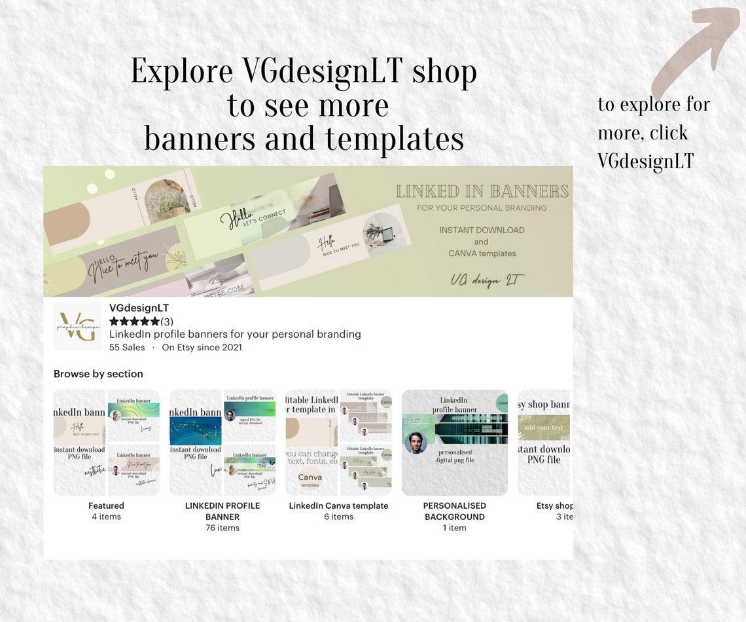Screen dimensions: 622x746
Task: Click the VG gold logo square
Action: (x=77, y=325)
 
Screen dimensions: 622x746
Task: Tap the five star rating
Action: (x=134, y=321)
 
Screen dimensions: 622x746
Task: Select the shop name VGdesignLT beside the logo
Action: (x=139, y=308)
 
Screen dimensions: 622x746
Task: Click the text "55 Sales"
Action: (x=127, y=348)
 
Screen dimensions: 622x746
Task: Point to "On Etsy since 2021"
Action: (x=202, y=348)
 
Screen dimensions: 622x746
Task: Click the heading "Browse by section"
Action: (x=98, y=374)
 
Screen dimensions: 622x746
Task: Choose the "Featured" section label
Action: (x=106, y=505)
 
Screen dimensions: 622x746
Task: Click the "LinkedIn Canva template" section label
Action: (x=338, y=505)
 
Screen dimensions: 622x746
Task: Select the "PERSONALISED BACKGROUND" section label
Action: (x=454, y=511)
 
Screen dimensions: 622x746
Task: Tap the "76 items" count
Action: (x=222, y=528)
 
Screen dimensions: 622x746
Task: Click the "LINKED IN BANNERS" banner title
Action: (x=482, y=191)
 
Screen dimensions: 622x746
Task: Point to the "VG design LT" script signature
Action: (x=487, y=280)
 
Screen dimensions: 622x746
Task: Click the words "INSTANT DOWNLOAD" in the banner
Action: (x=482, y=230)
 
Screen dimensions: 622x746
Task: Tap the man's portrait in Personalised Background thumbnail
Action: (x=416, y=443)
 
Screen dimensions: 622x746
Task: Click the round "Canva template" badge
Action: (x=310, y=479)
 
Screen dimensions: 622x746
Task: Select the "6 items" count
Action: (x=338, y=517)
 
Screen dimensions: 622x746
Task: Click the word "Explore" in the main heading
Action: (x=182, y=72)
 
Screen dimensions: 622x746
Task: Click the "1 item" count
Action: (x=454, y=528)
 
